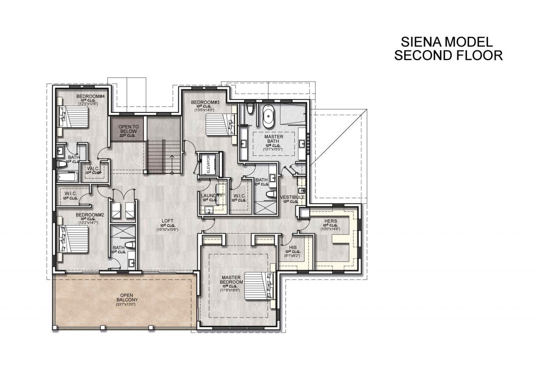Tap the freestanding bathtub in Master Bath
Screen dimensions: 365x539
(268, 117)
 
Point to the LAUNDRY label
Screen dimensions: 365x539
(208, 195)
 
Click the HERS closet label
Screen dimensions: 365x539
(331, 221)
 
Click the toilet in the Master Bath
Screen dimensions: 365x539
(250, 109)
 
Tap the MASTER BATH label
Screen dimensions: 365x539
(274, 140)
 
